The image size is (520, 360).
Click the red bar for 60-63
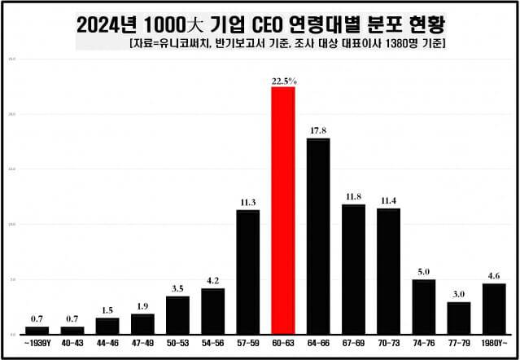pyautogui.click(x=282, y=210)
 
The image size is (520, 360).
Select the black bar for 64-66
pyautogui.click(x=318, y=236)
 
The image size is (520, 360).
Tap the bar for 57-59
pyautogui.click(x=247, y=272)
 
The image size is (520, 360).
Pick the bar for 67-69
pyautogui.click(x=353, y=270)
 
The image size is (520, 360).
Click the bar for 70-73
pyautogui.click(x=388, y=271)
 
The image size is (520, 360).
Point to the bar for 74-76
pyautogui.click(x=423, y=306)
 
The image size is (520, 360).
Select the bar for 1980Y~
pyautogui.click(x=493, y=309)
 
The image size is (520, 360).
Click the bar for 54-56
pyautogui.click(x=212, y=311)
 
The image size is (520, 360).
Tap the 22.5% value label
pyautogui.click(x=283, y=81)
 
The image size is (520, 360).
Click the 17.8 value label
pyautogui.click(x=318, y=131)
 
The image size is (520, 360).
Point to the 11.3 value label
pyautogui.click(x=247, y=203)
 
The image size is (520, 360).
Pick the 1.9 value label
pyautogui.click(x=142, y=306)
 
